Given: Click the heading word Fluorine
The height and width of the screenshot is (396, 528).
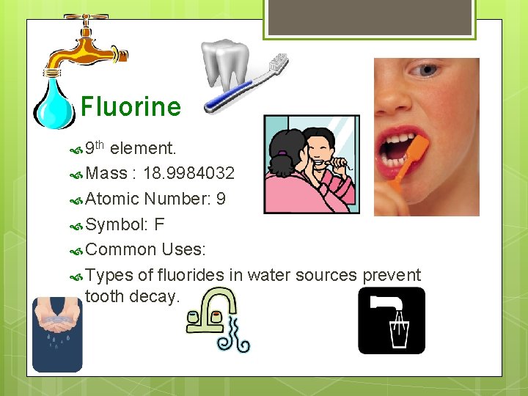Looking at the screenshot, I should (131, 107).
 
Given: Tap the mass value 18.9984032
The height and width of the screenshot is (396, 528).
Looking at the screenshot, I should (189, 174).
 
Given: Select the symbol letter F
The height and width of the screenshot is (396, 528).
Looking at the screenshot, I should (159, 224).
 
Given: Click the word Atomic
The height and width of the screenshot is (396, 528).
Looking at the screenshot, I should (112, 199).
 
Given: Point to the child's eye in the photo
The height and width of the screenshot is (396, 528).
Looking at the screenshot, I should (425, 72).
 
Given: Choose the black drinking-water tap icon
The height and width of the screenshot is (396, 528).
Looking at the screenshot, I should (391, 320).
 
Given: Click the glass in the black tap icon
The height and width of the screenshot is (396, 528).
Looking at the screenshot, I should (398, 334).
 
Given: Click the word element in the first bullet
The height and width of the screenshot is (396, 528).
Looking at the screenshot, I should (142, 149).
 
